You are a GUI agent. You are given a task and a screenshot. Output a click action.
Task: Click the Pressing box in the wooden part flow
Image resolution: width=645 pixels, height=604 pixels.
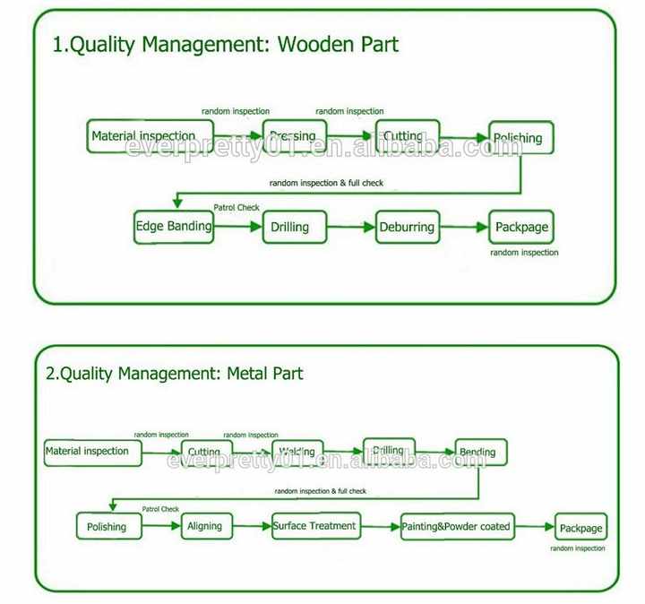(x=292, y=136)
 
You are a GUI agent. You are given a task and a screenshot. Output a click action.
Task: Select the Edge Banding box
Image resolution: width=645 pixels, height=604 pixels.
(x=174, y=226)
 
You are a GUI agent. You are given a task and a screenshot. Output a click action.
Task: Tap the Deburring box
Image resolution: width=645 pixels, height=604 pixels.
(x=406, y=227)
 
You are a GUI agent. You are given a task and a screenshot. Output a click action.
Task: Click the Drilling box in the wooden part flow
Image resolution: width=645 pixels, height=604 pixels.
(x=290, y=228)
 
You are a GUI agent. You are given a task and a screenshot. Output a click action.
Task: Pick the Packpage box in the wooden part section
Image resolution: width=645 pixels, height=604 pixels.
(x=521, y=227)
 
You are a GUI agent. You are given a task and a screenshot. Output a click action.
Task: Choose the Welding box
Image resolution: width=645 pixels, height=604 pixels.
(x=297, y=452)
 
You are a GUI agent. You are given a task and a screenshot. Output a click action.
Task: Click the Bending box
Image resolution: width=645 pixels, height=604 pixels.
(x=481, y=452)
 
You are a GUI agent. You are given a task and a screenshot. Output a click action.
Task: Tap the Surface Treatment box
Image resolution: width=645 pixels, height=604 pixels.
(x=314, y=525)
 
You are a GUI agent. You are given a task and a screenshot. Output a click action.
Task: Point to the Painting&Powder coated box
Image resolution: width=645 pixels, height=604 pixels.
(x=457, y=526)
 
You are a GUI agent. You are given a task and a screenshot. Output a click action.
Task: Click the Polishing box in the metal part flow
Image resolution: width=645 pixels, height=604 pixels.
(x=107, y=527)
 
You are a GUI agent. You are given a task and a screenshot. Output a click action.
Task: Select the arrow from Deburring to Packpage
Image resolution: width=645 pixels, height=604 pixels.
(x=461, y=228)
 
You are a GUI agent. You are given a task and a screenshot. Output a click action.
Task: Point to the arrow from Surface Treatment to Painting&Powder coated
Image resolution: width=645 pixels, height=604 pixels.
(x=378, y=526)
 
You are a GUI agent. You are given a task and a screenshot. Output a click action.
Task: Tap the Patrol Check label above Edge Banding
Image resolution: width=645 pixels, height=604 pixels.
(x=236, y=207)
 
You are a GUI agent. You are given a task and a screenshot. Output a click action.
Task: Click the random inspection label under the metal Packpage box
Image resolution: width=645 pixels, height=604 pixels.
(x=578, y=548)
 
